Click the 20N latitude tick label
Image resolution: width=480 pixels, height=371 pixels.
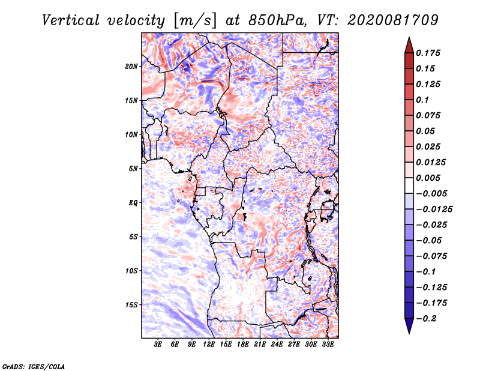point(131,67)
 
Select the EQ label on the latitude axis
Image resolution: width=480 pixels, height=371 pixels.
point(133,203)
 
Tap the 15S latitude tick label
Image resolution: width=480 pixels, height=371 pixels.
point(131,305)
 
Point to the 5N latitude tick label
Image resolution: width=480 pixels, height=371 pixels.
point(133,169)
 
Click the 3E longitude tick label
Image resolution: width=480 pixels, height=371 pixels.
point(158,345)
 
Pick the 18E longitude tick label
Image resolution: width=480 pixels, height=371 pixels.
point(243,345)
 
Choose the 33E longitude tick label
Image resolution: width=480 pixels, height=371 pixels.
point(328,345)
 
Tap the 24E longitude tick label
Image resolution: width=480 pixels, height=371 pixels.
point(277,345)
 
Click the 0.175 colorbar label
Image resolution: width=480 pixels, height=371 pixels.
point(428,53)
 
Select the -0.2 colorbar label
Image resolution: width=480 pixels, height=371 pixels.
point(426,319)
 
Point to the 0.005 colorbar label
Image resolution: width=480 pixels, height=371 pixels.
point(428,178)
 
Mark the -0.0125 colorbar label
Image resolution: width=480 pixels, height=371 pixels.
point(434,210)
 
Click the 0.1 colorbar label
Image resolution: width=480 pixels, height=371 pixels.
point(422,100)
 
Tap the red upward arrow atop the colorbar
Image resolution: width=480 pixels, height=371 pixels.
point(409,46)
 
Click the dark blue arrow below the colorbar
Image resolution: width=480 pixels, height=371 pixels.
point(409,326)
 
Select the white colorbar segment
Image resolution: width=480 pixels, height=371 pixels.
point(409,185)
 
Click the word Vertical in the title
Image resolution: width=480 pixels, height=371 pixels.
point(71,20)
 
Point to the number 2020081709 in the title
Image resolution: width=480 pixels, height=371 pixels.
point(393,20)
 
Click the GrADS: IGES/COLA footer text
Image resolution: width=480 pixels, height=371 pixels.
point(34,366)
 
